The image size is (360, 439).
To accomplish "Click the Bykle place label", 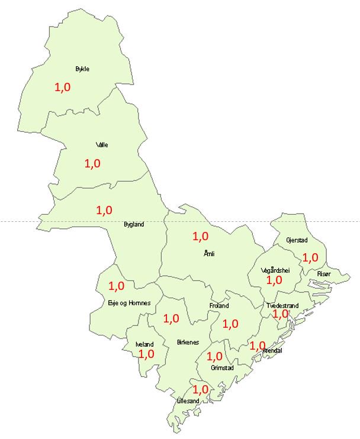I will (x=82, y=69).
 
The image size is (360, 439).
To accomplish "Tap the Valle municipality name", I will (x=102, y=145).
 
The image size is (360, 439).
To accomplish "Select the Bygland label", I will (x=134, y=224).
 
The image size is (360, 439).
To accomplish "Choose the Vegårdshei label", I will (x=275, y=270).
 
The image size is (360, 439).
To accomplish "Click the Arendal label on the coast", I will (x=272, y=350).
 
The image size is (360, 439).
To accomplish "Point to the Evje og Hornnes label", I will (x=130, y=303).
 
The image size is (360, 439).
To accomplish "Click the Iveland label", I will (x=144, y=344).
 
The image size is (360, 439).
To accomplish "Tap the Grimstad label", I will (x=223, y=367).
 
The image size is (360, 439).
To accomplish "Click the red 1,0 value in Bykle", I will (x=62, y=87).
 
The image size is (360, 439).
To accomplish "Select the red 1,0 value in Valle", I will (x=93, y=163).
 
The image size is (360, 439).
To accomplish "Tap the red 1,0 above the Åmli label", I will (x=201, y=236).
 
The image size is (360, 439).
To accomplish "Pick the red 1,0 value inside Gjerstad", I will (x=310, y=257).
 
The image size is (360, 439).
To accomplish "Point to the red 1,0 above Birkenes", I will (x=171, y=318).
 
